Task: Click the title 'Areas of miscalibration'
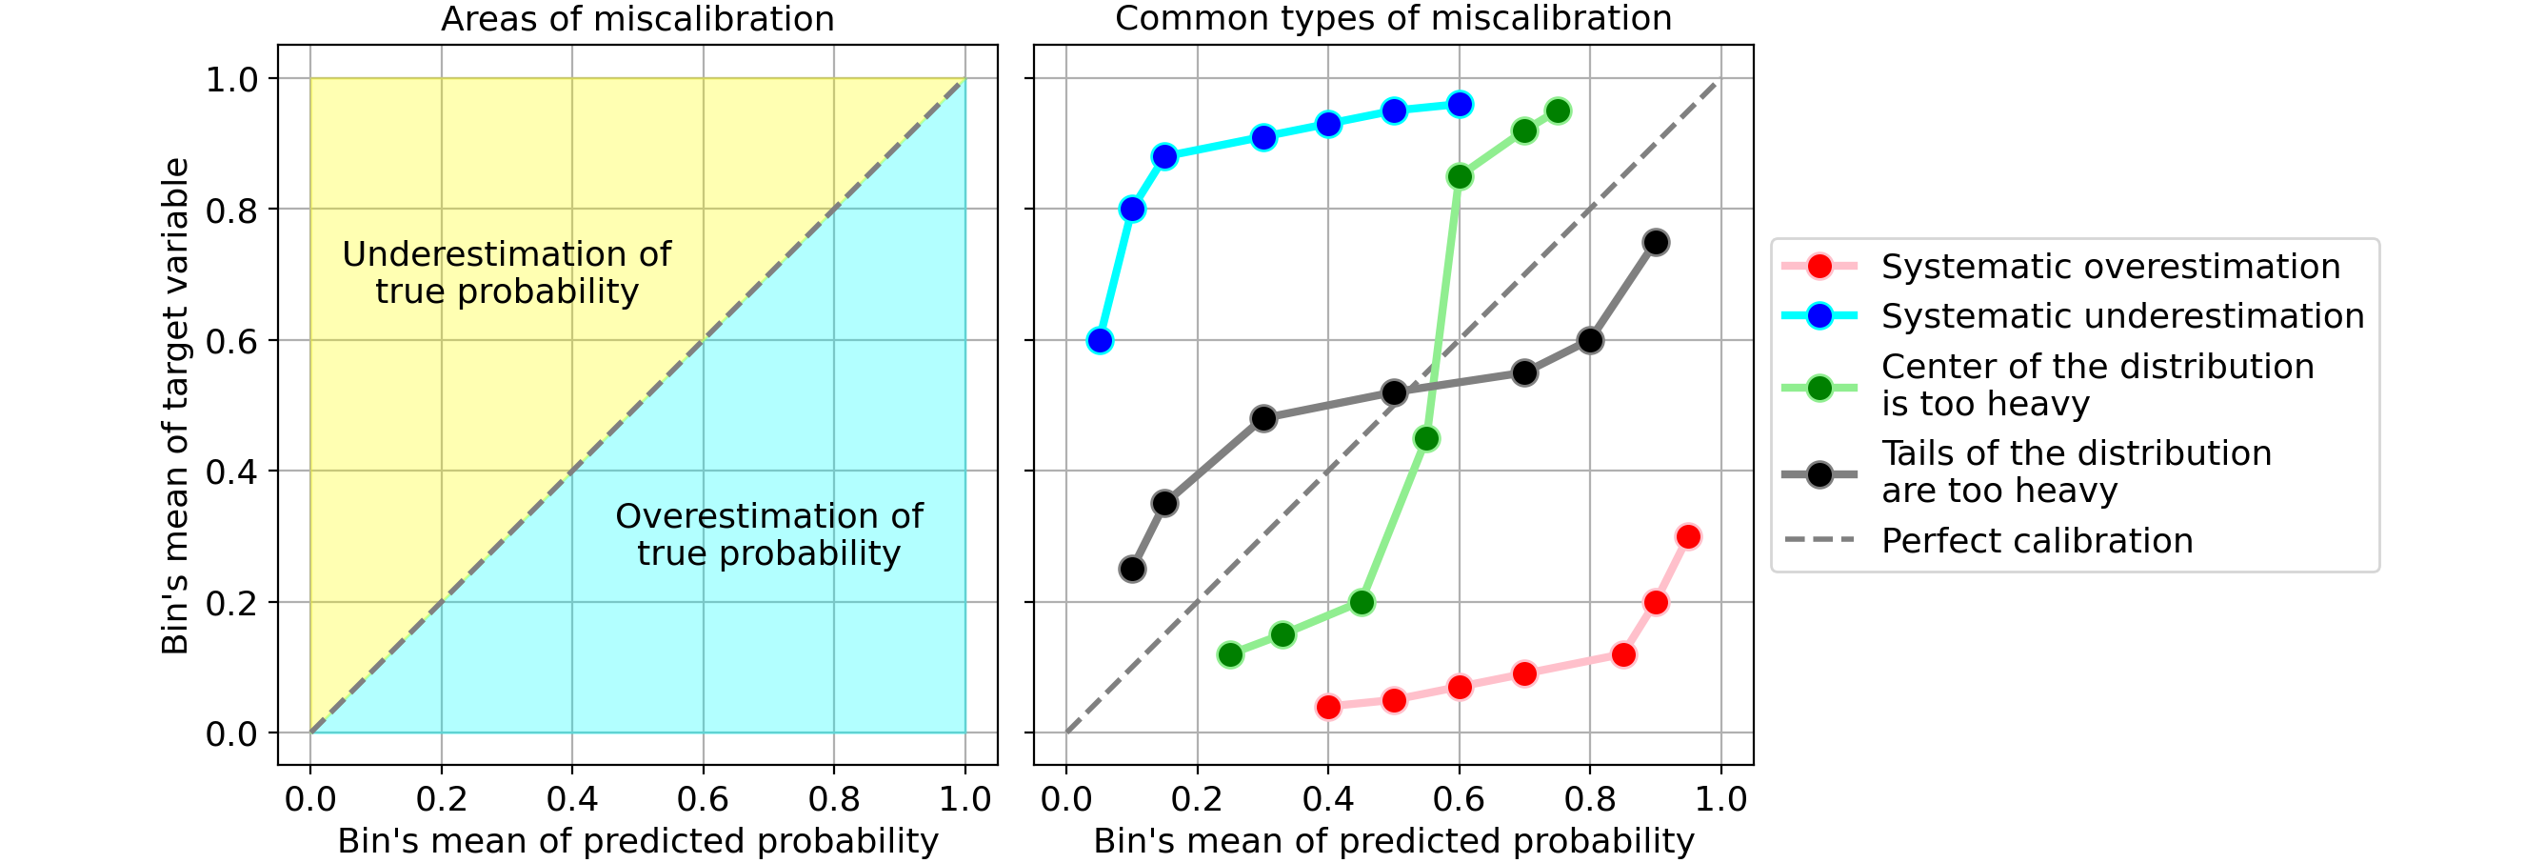637,20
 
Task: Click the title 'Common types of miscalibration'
1393,19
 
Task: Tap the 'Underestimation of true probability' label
507,272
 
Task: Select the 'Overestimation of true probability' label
768,534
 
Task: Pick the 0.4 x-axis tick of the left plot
571,799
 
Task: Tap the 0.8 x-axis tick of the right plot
1590,799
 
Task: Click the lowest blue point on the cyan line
1100,340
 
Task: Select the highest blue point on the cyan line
1460,104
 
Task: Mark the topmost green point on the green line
1558,110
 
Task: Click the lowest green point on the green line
1230,654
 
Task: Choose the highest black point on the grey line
1656,242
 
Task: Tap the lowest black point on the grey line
1132,569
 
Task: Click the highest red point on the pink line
1688,536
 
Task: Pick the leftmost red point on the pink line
1328,707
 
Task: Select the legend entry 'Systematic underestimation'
2122,316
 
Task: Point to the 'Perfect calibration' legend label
2037,541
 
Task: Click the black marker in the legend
1819,474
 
